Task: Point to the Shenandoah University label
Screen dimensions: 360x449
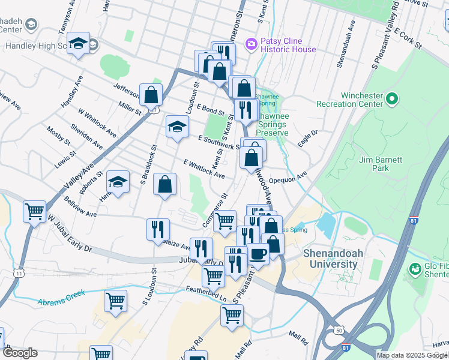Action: pos(333,258)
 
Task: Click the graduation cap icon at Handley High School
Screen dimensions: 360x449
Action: pos(78,44)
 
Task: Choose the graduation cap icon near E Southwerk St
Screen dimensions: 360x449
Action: pos(177,127)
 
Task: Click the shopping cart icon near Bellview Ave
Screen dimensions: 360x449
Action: pos(35,211)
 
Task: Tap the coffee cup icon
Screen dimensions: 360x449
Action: pos(259,254)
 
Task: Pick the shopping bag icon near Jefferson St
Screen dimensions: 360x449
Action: pos(151,95)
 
